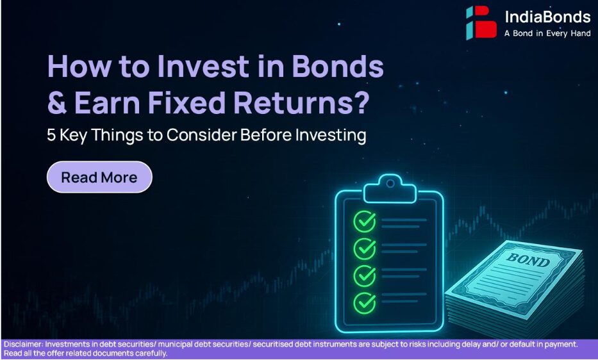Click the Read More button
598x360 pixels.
pos(99,177)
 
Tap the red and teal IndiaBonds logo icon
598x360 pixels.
pos(481,22)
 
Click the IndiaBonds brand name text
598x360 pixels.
pos(547,17)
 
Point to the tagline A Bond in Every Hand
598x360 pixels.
pos(547,33)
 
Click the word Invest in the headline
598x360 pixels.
pos(203,67)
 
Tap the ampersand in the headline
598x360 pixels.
pos(57,102)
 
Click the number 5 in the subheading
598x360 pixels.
pos(51,135)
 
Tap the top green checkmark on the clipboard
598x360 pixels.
pos(365,221)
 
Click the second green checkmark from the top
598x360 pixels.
pos(365,249)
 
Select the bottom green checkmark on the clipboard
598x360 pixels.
pos(365,303)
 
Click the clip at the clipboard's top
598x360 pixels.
pos(390,189)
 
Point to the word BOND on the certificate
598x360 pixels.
pos(529,261)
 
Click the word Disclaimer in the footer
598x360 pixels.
pos(23,345)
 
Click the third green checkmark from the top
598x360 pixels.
pos(365,275)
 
